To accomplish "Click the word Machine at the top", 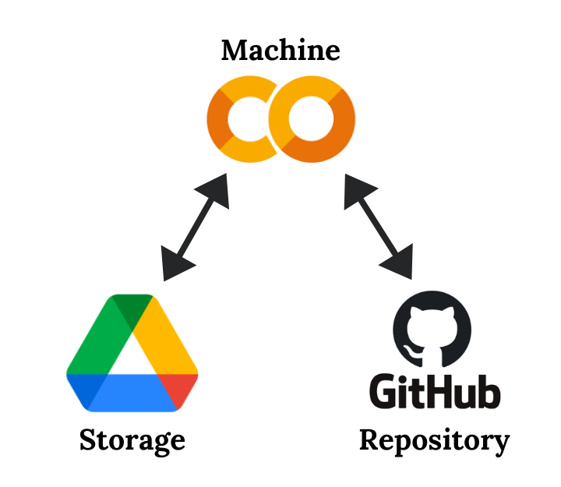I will tap(280, 51).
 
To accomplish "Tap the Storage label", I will tap(132, 441).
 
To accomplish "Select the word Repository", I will tap(434, 441).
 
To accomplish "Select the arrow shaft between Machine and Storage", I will tap(195, 226).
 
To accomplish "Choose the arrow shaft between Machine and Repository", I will tap(377, 226).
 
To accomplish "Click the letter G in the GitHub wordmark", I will tap(383, 392).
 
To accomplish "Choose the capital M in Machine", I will tap(231, 51).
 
